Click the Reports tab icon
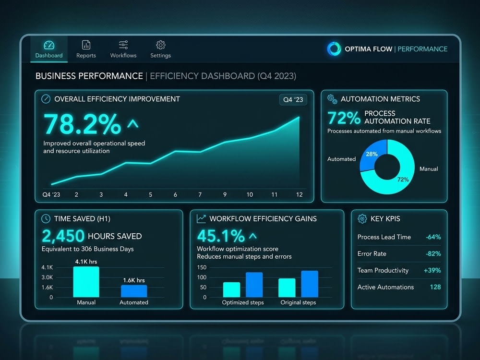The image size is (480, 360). point(86,45)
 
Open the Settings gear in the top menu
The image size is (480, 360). point(161,45)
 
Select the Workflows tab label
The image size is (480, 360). point(123,55)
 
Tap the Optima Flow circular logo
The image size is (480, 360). point(334,48)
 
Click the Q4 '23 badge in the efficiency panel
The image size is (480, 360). point(293,99)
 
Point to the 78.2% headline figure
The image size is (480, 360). point(83,124)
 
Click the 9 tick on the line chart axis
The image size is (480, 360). point(225,195)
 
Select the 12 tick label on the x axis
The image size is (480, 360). point(300,195)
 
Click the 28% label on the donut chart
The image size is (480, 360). point(372,154)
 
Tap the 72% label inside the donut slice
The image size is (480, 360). point(403,180)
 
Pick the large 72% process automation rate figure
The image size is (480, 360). point(344,118)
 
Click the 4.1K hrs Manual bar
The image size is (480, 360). point(86,282)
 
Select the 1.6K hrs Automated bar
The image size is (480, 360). point(134,291)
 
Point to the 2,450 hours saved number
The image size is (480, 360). point(63,236)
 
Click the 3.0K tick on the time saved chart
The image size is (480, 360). point(47,277)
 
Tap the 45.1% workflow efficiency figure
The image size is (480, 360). point(221,236)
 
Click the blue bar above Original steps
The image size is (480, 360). point(310,284)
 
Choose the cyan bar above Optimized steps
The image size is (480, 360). point(231,289)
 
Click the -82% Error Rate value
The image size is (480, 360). point(433,254)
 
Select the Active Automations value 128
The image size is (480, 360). point(435,287)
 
